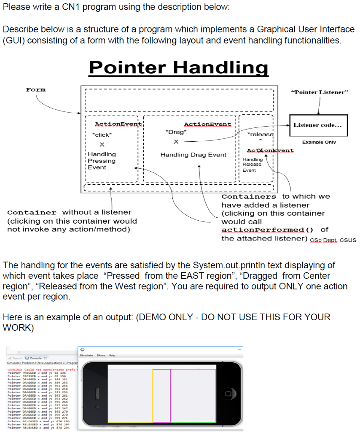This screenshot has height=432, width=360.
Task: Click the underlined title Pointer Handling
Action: (178, 68)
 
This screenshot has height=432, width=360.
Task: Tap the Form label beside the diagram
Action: (36, 89)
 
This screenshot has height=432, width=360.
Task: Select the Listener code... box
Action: (318, 125)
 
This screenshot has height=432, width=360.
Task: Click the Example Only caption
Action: (319, 142)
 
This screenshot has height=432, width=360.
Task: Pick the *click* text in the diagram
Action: (102, 135)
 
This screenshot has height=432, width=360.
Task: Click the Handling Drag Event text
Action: (193, 155)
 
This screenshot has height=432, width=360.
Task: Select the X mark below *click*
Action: (102, 145)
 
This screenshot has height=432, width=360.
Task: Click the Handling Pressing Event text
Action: (102, 161)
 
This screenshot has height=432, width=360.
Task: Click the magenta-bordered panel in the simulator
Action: (161, 395)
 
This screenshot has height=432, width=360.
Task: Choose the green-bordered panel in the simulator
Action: (193, 395)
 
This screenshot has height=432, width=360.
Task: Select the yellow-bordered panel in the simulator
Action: (130, 395)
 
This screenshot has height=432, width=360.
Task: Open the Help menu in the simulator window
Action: (112, 355)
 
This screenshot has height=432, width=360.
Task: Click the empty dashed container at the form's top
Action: (179, 100)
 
